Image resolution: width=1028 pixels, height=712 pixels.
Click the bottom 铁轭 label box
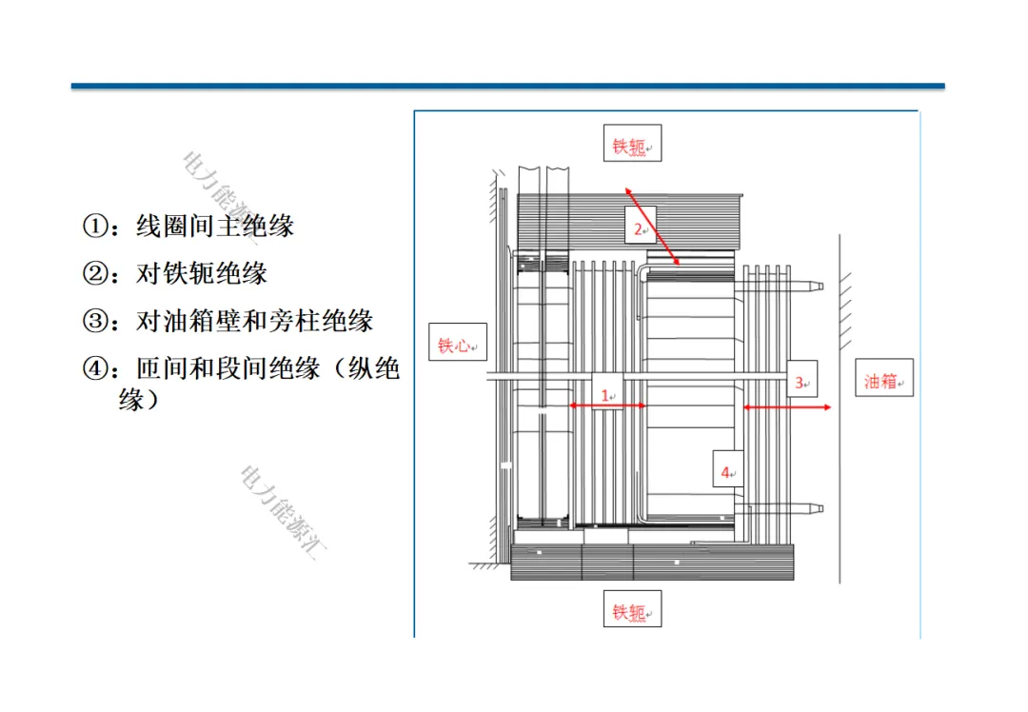632,609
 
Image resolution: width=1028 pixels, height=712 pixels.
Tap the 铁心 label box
457,344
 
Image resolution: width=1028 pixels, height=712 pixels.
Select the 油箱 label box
884,379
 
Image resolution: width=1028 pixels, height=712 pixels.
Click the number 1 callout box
606,391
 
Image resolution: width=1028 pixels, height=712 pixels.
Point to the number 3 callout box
802,381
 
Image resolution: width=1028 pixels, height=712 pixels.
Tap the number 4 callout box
727,469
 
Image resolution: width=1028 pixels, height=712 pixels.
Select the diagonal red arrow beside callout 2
653,225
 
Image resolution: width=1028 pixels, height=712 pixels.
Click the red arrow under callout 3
787,407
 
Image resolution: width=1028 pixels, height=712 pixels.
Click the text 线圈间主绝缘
215,227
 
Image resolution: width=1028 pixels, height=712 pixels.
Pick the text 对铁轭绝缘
202,274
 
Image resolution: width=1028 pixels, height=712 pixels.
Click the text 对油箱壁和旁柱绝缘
255,322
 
